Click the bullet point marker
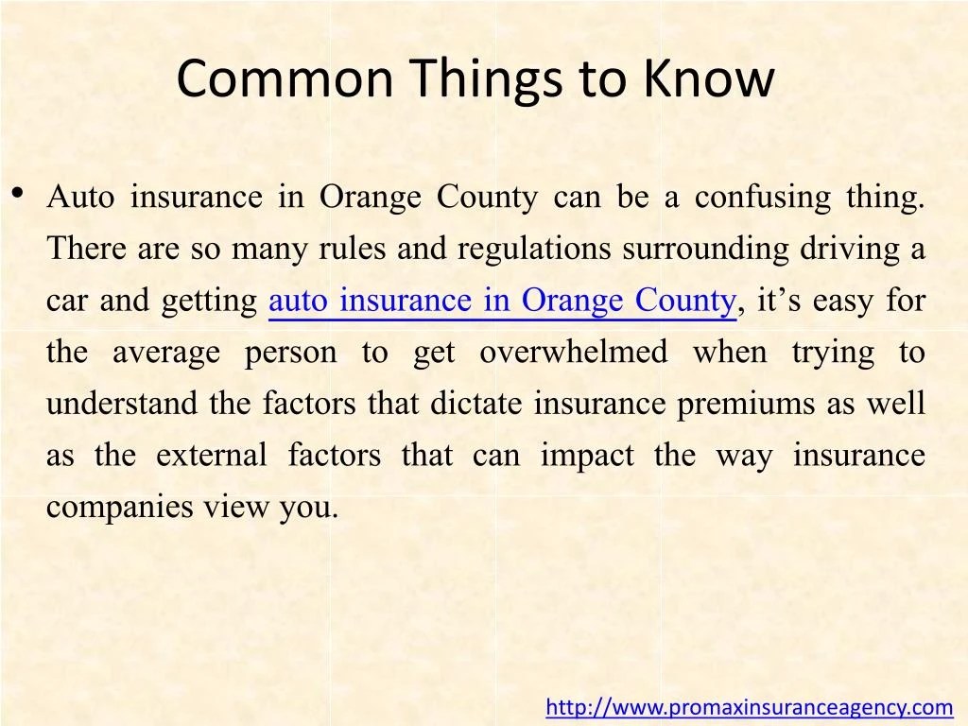click(17, 194)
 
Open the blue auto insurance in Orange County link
click(502, 301)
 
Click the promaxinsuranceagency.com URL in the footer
click(750, 706)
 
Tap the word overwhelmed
click(573, 353)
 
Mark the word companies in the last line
click(120, 508)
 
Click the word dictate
click(476, 404)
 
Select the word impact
click(587, 456)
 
